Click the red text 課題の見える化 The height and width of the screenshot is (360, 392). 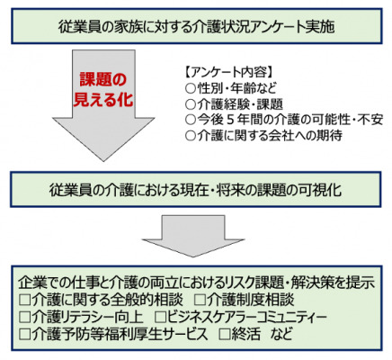coord(103,89)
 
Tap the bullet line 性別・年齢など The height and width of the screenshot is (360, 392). coord(231,88)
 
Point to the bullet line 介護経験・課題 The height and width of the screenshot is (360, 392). coord(234,104)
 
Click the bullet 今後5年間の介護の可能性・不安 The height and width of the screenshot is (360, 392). coord(284,120)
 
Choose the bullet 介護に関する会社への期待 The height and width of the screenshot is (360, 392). coord(263,136)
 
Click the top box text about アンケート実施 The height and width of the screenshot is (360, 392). coord(197,27)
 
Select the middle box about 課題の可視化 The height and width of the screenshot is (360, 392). coord(195,190)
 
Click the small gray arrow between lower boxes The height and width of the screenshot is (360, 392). coord(193,236)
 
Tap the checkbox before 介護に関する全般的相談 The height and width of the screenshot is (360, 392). coord(25,300)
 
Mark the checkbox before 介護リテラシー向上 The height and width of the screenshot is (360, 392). coord(25,317)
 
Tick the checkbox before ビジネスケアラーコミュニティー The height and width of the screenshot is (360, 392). coord(160,317)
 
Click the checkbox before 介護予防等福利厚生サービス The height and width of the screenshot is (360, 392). coord(25,334)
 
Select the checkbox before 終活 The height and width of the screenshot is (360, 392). coord(225,334)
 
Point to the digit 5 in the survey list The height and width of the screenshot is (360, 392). coord(230,120)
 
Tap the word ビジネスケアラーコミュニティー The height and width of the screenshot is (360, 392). coord(246,317)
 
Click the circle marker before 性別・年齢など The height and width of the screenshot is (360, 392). coord(191,88)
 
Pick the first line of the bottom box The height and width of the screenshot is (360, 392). coord(197,283)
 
